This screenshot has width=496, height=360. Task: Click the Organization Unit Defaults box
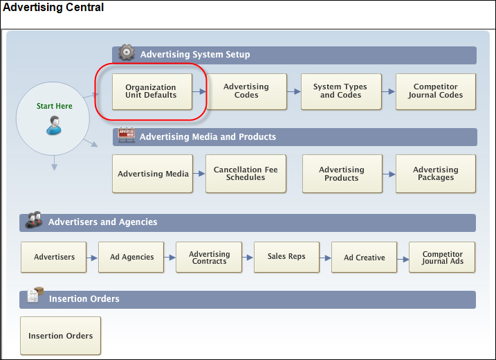click(152, 91)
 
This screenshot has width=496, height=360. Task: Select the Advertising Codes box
click(246, 91)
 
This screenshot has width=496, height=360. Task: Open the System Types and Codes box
click(341, 91)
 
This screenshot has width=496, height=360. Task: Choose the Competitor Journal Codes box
click(436, 91)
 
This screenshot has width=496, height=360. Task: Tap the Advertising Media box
click(152, 174)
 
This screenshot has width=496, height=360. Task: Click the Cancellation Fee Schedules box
click(246, 174)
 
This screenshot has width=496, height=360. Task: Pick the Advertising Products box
click(342, 174)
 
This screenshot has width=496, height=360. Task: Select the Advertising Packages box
click(436, 174)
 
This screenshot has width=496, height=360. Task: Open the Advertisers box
click(53, 257)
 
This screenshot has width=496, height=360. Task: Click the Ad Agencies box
click(131, 257)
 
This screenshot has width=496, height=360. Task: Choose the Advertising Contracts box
click(209, 257)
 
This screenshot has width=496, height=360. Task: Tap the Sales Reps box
click(286, 257)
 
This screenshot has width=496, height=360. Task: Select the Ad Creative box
click(364, 257)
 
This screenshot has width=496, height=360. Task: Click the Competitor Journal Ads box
click(442, 257)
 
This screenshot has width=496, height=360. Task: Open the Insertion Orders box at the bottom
click(60, 336)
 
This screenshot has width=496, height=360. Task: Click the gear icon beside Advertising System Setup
click(127, 52)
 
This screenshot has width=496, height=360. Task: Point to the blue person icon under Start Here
click(54, 125)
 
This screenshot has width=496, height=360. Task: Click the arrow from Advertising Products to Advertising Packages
click(389, 174)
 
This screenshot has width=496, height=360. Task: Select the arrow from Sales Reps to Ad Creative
click(325, 258)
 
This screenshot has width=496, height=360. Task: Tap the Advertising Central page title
click(53, 8)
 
